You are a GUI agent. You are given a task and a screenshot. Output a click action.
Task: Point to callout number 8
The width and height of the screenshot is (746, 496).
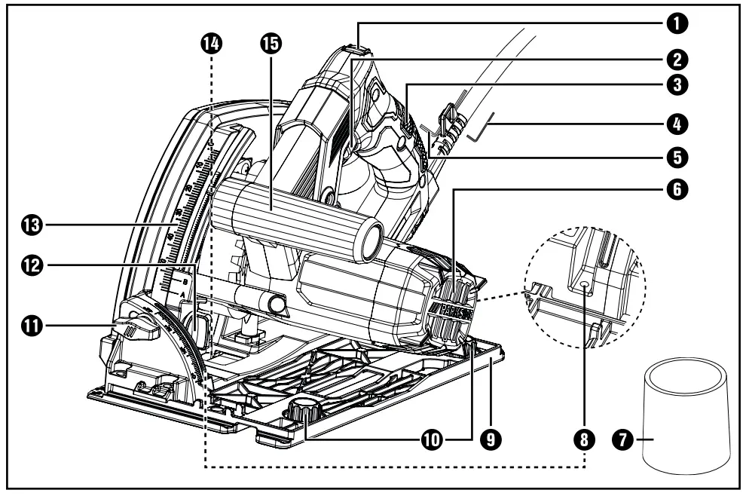pyautogui.click(x=582, y=438)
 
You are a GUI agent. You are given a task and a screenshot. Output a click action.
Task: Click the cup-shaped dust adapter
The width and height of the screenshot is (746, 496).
pyautogui.click(x=686, y=415)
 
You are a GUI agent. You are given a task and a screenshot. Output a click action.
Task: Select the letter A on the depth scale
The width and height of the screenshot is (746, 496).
pyautogui.click(x=182, y=291)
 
